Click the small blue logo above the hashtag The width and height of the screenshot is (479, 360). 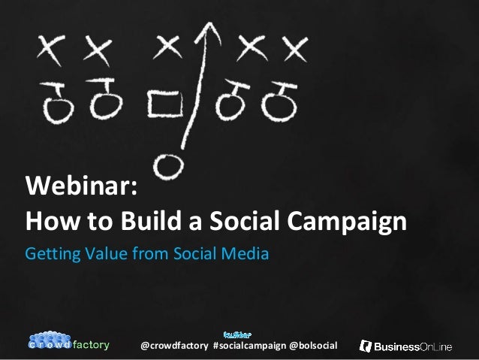238,332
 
